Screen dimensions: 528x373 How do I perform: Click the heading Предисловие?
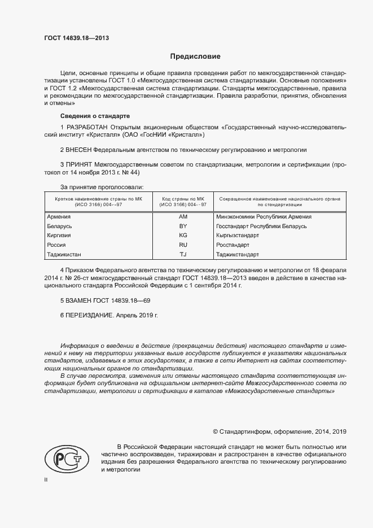[x=195, y=57]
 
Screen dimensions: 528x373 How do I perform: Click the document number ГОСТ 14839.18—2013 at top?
[x=76, y=38]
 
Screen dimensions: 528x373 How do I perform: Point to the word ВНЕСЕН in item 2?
[x=78, y=150]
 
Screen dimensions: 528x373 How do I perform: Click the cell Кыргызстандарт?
[x=238, y=235]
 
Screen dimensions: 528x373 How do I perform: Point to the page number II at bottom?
[x=46, y=479]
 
